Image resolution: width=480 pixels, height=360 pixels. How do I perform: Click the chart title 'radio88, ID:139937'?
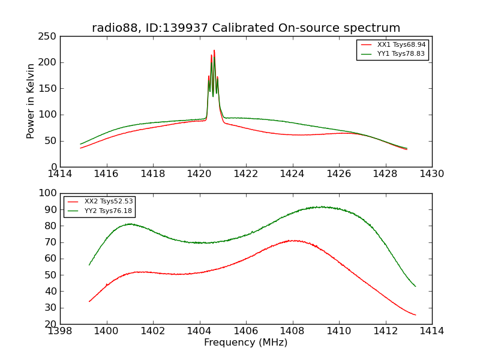pos(246,28)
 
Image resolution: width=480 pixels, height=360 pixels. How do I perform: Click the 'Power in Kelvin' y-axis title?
pos(31,101)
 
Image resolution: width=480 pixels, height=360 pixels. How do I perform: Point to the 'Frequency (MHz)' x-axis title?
pos(246,343)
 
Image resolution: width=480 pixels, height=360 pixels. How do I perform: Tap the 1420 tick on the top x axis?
pos(200,174)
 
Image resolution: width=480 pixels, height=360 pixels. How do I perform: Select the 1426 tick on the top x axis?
pos(339,174)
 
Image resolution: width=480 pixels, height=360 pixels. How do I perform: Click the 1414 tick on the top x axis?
pos(61,174)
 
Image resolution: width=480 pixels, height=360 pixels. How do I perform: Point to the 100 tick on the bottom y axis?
pos(49,194)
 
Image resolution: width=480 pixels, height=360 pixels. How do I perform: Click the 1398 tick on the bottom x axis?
pos(61,331)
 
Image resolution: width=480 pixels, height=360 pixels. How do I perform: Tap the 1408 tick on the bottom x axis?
pos(293,331)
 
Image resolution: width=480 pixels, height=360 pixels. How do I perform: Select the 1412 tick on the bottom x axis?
pos(386,331)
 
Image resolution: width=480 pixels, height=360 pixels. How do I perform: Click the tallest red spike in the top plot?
pos(214,51)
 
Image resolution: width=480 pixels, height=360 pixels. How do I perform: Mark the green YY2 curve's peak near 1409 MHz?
pos(322,207)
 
